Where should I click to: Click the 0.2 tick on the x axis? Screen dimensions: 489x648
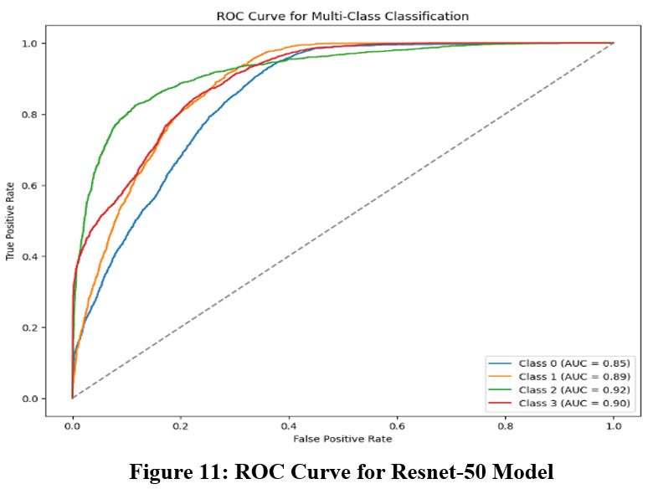181,425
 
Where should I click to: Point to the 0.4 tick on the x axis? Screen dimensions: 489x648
289,425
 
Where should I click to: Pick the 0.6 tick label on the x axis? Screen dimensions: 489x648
397,425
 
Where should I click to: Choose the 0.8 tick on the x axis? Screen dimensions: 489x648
505,425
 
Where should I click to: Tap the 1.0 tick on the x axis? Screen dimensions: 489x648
613,425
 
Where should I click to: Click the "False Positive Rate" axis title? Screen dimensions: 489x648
343,439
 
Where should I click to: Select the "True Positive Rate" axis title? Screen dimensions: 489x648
11,221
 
